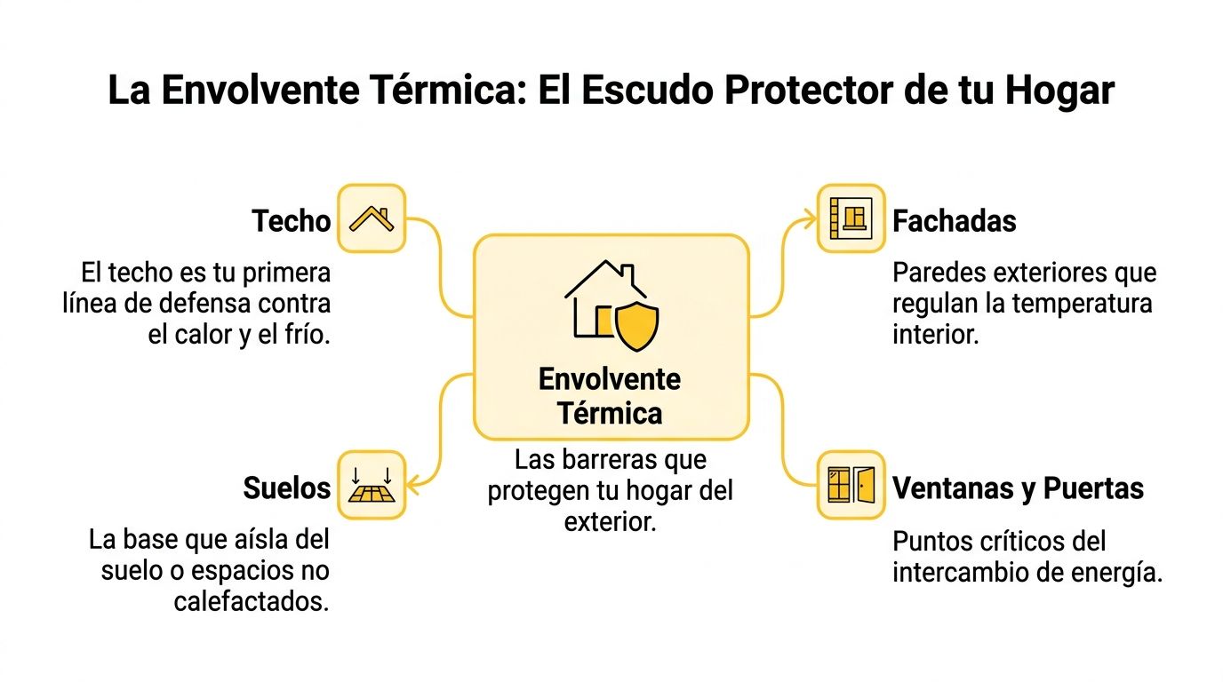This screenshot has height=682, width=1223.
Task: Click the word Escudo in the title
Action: click(x=647, y=90)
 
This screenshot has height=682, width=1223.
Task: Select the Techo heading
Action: click(x=291, y=221)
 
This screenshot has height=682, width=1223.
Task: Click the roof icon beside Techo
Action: click(x=372, y=218)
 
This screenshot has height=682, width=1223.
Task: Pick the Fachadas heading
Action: click(x=955, y=221)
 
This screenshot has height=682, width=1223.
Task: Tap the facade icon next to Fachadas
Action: click(x=851, y=218)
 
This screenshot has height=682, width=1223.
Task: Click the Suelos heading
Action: click(x=286, y=488)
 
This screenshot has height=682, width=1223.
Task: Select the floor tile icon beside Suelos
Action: click(x=372, y=485)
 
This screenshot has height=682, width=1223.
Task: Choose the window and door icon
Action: click(x=851, y=485)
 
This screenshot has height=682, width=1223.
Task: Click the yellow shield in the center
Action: click(x=636, y=326)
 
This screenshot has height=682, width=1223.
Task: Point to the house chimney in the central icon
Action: click(x=627, y=274)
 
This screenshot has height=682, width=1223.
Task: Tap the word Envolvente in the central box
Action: click(x=610, y=379)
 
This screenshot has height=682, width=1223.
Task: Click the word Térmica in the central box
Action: click(x=610, y=413)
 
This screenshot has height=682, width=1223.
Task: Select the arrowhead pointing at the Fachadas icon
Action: click(x=809, y=218)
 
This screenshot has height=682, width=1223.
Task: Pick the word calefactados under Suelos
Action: click(x=252, y=602)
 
